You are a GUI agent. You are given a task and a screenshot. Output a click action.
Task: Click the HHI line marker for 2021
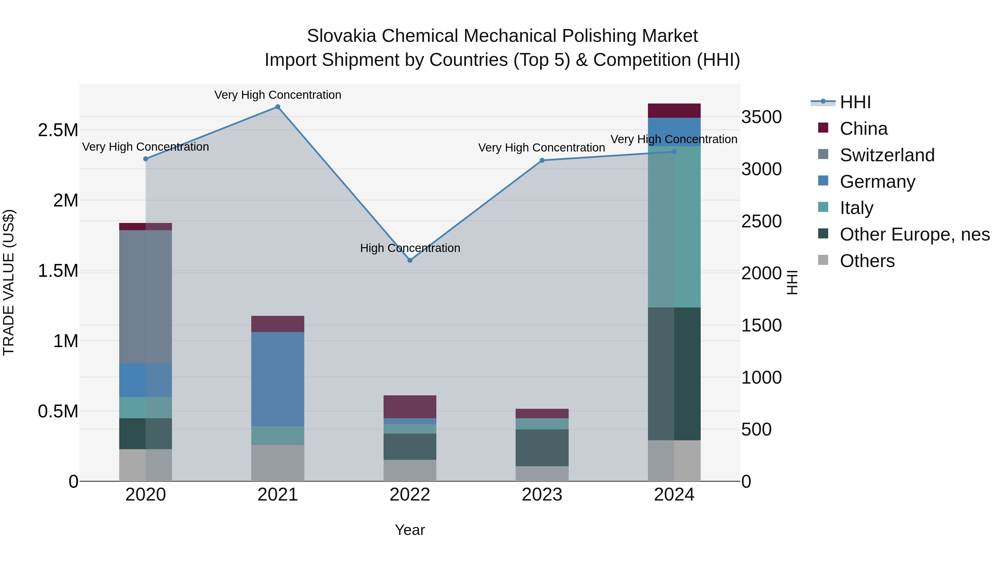click(x=278, y=107)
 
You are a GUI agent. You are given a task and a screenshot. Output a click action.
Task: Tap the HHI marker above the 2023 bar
click(x=542, y=160)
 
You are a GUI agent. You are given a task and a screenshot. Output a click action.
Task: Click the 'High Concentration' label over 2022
click(x=410, y=248)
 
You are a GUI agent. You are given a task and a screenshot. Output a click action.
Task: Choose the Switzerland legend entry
click(x=887, y=155)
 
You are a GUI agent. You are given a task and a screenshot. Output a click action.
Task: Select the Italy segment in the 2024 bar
click(x=674, y=226)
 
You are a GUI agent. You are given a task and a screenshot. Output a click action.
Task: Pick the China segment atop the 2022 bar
click(x=410, y=407)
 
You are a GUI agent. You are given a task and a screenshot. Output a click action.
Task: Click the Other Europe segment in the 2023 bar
click(x=542, y=448)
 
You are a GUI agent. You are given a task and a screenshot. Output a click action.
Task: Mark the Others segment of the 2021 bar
click(x=278, y=463)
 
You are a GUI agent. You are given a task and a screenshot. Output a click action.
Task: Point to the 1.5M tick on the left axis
click(x=58, y=271)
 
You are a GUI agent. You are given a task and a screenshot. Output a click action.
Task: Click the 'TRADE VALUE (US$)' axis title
click(x=9, y=282)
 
